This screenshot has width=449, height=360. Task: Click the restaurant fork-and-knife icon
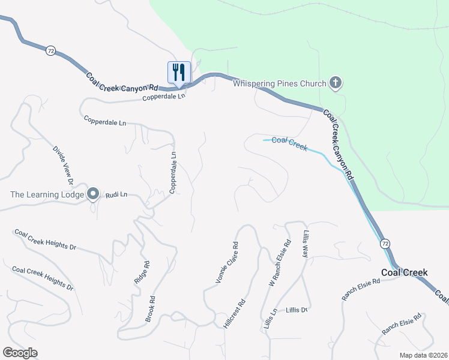point(179,73)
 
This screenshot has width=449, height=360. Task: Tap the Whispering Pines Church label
point(279,84)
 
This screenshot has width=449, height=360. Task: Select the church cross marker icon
point(335,83)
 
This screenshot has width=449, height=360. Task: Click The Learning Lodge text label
point(47,194)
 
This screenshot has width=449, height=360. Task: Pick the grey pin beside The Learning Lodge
point(92,194)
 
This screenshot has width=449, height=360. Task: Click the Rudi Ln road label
point(117,195)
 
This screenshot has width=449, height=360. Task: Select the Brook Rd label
point(151,309)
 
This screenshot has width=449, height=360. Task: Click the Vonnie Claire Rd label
point(228,263)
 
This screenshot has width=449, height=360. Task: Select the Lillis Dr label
point(297,310)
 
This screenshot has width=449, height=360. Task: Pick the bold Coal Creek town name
point(405,272)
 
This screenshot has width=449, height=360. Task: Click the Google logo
point(20,353)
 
